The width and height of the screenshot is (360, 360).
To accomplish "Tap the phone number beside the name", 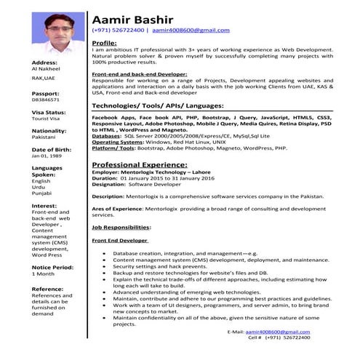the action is tap(117, 31).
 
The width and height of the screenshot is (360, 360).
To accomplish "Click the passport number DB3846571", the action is tap(46, 100).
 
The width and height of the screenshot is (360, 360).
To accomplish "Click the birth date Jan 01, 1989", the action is tap(47, 156).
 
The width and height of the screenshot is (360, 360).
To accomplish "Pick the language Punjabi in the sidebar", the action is tap(42, 193).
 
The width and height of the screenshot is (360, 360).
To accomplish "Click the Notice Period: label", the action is tap(52, 267).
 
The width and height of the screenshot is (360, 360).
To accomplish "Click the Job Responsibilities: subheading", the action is tap(121, 228).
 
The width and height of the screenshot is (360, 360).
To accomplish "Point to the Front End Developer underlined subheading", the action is tap(120, 241).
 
